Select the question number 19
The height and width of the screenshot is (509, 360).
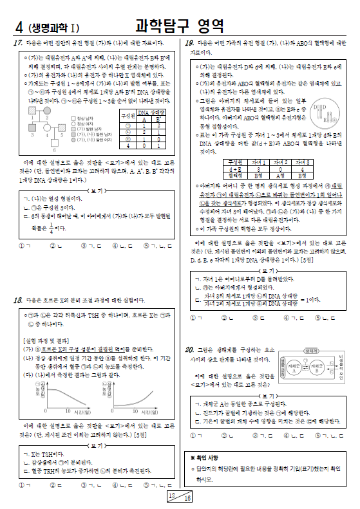tap(189, 42)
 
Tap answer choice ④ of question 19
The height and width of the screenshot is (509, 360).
tap(286, 317)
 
